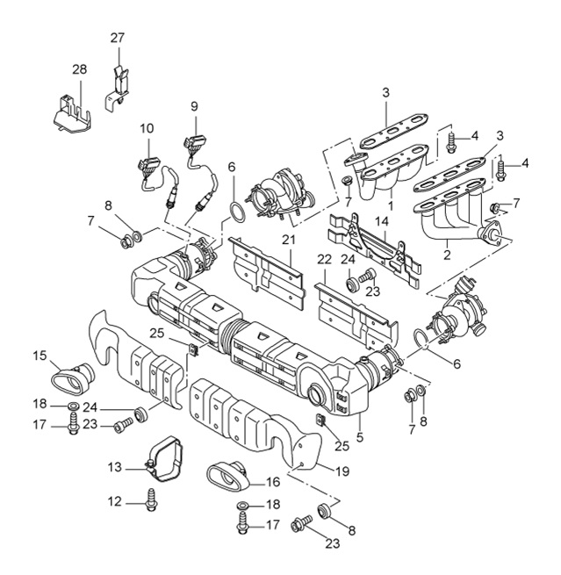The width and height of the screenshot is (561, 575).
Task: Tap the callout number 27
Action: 119,38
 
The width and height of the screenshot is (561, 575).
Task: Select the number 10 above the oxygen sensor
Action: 147,129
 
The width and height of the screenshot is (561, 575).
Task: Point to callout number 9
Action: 194,106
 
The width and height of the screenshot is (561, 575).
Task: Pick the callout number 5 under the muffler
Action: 358,433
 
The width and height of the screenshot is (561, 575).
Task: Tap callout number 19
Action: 342,471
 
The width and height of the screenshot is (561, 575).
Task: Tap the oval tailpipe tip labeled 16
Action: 229,477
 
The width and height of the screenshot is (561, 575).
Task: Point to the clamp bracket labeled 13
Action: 167,456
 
